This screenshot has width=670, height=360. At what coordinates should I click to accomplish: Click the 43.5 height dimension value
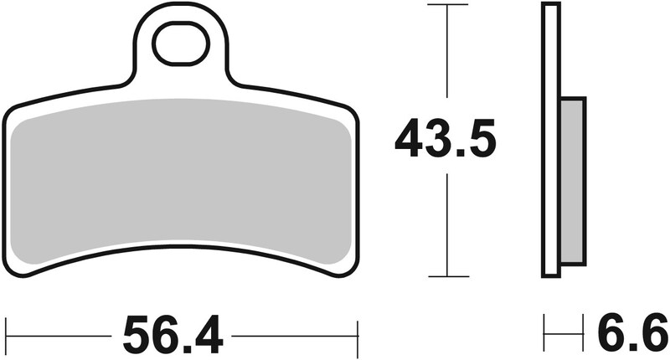[446, 140]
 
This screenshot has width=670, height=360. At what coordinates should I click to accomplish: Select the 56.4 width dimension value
[173, 336]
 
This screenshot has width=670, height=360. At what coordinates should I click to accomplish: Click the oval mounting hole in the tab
[180, 44]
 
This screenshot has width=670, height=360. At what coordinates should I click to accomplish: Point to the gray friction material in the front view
[180, 176]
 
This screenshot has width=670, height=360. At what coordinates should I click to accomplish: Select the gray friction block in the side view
[572, 180]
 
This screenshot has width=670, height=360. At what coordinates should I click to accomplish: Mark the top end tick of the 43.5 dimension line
[446, 5]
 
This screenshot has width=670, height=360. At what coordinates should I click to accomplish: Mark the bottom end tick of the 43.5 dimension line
[446, 276]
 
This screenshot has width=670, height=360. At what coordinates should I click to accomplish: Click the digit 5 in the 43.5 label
[483, 140]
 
